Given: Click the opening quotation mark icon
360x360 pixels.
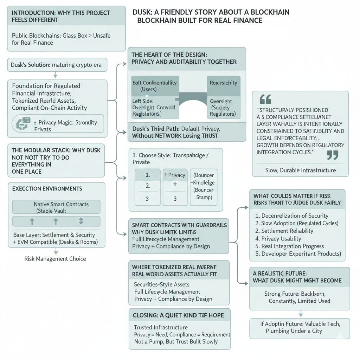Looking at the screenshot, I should [x=265, y=99].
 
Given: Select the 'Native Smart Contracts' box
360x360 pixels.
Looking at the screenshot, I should [x=56, y=207].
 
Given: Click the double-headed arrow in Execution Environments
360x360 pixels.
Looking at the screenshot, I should [x=81, y=221].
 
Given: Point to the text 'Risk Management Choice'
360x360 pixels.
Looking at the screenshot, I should [x=55, y=259].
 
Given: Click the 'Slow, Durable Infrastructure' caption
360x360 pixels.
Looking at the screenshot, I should [x=300, y=170].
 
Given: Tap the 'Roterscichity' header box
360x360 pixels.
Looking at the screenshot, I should [x=223, y=83].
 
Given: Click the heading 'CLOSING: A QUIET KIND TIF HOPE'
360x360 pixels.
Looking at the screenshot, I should [x=178, y=315].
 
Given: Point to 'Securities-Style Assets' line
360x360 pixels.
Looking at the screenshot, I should [x=162, y=284].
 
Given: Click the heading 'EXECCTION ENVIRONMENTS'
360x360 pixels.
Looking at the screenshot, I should [x=47, y=189].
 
